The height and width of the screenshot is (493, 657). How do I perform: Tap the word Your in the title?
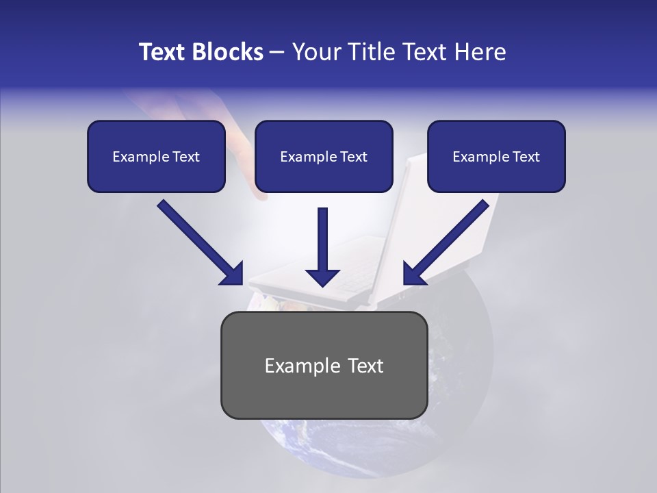tap(318, 52)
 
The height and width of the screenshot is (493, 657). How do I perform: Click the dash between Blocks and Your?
tap(277, 53)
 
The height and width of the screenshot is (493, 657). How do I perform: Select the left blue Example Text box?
tap(156, 156)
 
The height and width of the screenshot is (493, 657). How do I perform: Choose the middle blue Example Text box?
tap(324, 156)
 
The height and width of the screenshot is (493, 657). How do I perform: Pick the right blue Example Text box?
tap(496, 156)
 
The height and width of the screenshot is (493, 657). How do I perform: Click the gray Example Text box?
tap(324, 365)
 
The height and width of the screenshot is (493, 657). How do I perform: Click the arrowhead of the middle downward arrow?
tap(322, 277)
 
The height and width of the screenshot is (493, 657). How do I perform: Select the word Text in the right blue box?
tap(526, 156)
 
